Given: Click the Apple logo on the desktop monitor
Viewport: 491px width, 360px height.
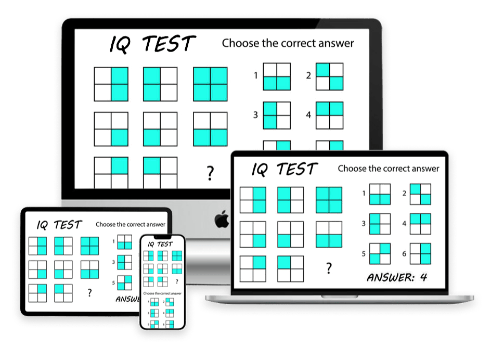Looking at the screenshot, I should [222, 220].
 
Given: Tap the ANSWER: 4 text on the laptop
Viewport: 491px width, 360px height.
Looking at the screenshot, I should [397, 277].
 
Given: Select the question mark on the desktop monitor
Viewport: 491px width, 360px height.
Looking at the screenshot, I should [210, 173].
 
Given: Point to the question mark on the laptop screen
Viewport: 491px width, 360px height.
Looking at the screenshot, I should [329, 268].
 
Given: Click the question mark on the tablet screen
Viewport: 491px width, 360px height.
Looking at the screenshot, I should [89, 293].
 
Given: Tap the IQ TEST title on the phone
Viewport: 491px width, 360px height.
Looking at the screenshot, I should [161, 244].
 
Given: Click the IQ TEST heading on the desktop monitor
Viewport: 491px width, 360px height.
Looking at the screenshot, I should [152, 44].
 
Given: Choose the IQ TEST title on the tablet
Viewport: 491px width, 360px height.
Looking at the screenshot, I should [59, 225].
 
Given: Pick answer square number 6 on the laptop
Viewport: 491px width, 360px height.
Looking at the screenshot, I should [420, 254].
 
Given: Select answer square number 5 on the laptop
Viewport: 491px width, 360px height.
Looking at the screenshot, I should [380, 254].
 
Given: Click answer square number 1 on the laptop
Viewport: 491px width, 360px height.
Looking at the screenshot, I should [380, 195].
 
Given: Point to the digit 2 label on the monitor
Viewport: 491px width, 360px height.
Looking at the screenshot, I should [308, 76].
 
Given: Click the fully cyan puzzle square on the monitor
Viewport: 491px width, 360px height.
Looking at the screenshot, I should [210, 84].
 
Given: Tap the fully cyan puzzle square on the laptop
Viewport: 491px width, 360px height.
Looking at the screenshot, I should [329, 200].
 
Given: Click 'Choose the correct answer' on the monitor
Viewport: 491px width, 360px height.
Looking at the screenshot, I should [288, 43].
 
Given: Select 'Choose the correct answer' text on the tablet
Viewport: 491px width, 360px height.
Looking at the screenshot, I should [131, 225].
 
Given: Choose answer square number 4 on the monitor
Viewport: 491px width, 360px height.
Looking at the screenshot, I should [330, 115].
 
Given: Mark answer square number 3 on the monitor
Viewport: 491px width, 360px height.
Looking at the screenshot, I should [277, 115].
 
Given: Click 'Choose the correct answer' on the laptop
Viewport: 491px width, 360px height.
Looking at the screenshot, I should [388, 169].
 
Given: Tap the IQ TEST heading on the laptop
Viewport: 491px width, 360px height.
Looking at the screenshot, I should [284, 170].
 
